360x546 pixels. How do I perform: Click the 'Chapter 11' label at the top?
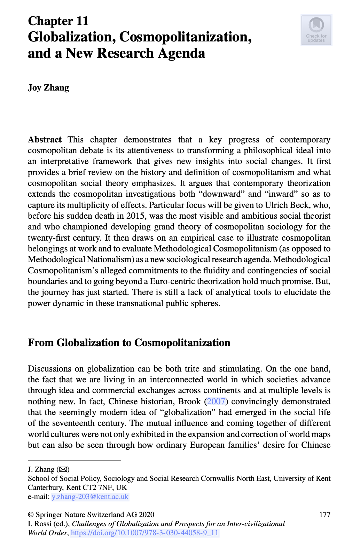coord(58,21)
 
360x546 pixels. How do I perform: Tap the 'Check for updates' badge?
coord(316,30)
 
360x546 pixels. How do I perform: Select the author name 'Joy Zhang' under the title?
coord(48,88)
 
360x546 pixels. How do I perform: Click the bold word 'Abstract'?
coord(45,140)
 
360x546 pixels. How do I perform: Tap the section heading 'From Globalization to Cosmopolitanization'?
coord(129,343)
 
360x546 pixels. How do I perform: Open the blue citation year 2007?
coord(216,401)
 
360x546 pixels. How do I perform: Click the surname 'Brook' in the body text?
coord(190,401)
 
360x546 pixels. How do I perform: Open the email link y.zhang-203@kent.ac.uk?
coord(90,497)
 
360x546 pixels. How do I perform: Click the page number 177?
coord(324,515)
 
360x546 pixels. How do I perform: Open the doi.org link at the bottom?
coord(144,533)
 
